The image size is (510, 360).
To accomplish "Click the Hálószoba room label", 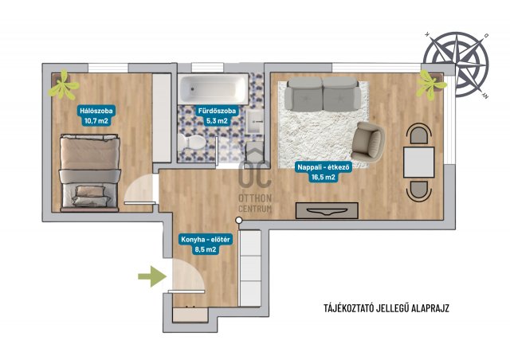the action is [96, 115].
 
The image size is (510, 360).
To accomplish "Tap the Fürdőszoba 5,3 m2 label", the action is [217, 115].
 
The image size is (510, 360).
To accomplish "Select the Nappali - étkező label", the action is [324, 172].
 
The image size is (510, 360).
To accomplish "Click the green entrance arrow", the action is [152, 276].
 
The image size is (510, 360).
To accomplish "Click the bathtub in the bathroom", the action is [213, 88].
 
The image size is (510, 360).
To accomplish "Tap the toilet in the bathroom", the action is [191, 142].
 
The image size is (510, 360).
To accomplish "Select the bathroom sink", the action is [254, 121].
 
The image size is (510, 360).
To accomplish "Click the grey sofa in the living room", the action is [323, 93].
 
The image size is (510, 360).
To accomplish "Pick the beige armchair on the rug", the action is [368, 142].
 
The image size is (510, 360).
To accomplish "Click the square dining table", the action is [418, 162].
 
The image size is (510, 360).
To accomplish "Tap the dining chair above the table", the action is [418, 133].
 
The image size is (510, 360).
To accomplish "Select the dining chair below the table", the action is [418, 191].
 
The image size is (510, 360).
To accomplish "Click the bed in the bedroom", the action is [89, 173].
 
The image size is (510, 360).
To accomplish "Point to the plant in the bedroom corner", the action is [64, 84].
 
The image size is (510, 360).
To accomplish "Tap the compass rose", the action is [456, 65].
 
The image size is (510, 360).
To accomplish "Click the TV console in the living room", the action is [327, 211].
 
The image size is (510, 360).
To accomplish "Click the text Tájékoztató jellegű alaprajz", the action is [386, 308].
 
